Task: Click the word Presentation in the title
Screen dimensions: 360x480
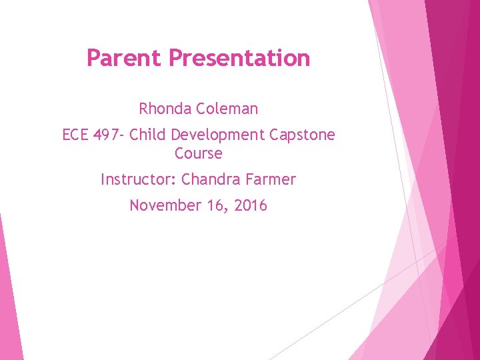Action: pyautogui.click(x=239, y=58)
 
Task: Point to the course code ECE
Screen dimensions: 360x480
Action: pyautogui.click(x=75, y=135)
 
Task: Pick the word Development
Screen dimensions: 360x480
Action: pyautogui.click(x=217, y=135)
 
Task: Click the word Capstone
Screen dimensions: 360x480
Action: pyautogui.click(x=303, y=135)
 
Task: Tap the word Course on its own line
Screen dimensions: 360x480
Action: pyautogui.click(x=198, y=153)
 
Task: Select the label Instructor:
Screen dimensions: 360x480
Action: pyautogui.click(x=139, y=179)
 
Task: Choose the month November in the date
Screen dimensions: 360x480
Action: pyautogui.click(x=162, y=205)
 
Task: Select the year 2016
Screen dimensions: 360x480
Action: pyautogui.click(x=251, y=205)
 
